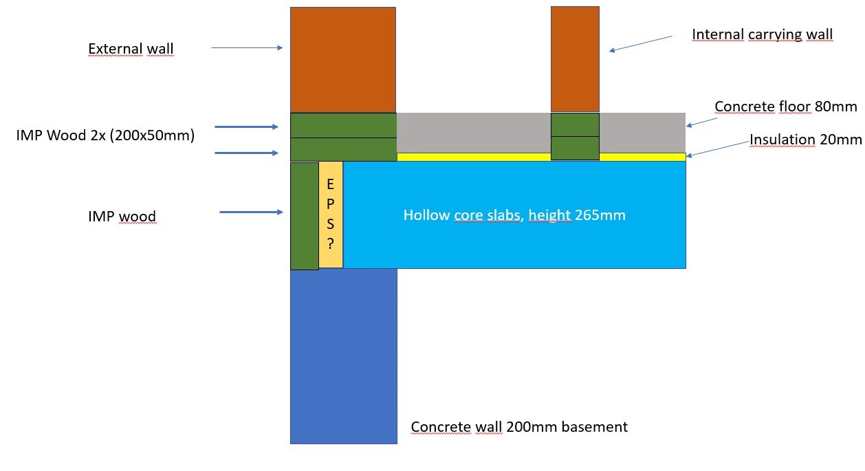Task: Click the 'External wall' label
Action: (131, 50)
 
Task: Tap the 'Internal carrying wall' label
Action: (762, 34)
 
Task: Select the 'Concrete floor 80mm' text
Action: (786, 107)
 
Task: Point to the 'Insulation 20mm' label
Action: (805, 140)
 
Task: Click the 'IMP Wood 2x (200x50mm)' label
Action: (105, 135)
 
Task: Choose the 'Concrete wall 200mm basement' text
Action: (519, 427)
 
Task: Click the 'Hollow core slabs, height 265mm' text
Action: (514, 215)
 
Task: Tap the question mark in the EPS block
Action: (331, 243)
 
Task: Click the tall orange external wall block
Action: (343, 60)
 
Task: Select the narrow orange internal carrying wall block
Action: (575, 59)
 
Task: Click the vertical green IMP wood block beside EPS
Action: (305, 216)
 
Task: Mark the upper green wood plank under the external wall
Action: (343, 125)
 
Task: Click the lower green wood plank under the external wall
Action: (343, 149)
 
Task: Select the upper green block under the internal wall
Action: (575, 124)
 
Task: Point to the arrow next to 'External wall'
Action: (247, 47)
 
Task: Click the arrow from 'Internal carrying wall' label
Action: (640, 43)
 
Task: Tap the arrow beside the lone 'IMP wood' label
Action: (251, 212)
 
